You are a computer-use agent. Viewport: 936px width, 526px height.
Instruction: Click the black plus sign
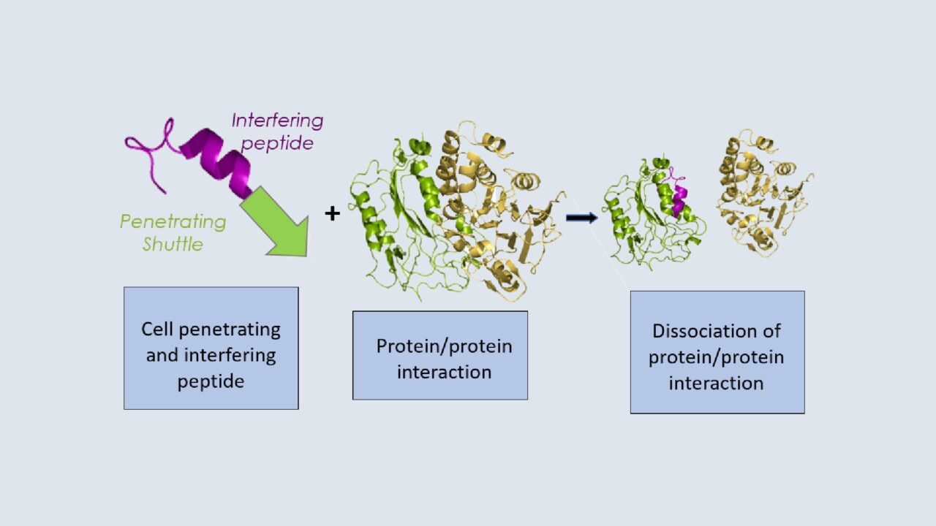point(333,214)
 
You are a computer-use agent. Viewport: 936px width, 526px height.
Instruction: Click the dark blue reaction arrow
point(581,218)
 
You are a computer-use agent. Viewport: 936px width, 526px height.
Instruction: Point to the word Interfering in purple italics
point(277,121)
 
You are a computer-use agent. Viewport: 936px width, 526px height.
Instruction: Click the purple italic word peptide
point(277,143)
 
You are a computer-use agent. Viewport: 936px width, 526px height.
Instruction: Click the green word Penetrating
point(173,221)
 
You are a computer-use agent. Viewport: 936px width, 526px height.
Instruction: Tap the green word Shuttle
point(173,244)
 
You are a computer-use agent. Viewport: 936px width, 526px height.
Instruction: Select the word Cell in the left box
point(158,329)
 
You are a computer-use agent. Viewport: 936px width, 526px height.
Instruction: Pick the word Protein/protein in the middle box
point(444,346)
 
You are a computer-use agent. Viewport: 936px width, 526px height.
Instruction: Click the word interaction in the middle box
point(444,372)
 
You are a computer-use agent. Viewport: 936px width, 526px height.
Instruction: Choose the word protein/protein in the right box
point(717,357)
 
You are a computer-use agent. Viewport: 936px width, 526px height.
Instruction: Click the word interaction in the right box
point(717,383)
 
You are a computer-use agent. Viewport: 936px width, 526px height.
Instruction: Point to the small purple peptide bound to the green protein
point(680,196)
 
